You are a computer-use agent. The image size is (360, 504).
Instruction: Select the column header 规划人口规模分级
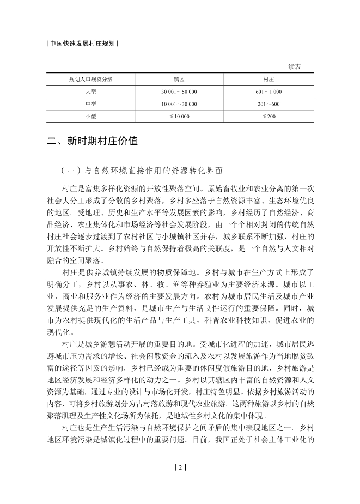(90, 79)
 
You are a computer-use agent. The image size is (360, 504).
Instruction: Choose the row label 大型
(90, 92)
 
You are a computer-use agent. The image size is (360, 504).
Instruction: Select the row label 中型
(90, 104)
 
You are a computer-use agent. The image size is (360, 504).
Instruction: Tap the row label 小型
(90, 117)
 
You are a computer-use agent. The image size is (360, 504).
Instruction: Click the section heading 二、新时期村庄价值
(92, 142)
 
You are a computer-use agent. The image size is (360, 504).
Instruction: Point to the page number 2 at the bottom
(180, 467)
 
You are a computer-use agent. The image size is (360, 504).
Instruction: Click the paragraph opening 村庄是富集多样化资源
(180, 229)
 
